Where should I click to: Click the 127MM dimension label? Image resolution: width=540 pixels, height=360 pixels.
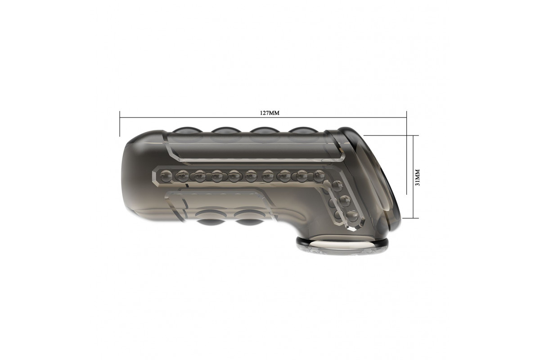click(x=270, y=113)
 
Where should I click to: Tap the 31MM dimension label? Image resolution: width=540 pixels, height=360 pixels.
click(x=418, y=177)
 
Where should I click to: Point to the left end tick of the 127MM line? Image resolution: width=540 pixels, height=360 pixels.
click(x=120, y=124)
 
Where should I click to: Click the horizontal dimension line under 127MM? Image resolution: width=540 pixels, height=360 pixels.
click(x=263, y=118)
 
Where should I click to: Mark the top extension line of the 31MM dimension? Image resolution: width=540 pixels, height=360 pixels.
click(x=391, y=135)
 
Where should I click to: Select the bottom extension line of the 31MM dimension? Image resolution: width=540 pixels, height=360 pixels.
click(x=410, y=218)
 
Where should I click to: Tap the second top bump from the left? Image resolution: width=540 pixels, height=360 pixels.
click(x=225, y=130)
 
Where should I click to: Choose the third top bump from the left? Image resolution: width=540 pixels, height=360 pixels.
click(x=265, y=130)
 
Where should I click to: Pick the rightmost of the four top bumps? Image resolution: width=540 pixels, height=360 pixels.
click(x=303, y=130)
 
